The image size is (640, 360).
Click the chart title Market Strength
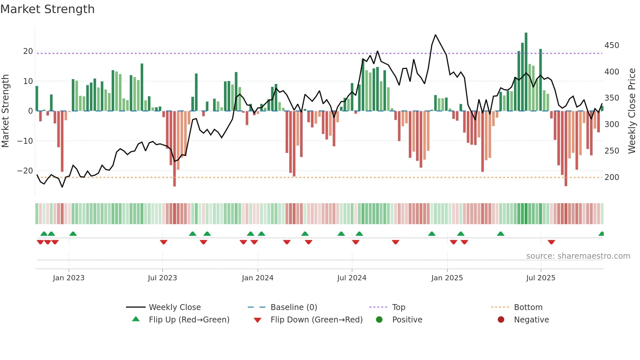47,9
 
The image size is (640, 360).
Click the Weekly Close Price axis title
632,111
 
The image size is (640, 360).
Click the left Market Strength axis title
5,111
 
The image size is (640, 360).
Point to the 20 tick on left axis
28,51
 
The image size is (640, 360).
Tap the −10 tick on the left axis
25,141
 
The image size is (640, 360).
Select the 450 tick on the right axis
612,45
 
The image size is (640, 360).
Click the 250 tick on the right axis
612,151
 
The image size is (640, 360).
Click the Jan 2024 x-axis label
258,278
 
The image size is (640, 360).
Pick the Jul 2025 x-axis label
541,278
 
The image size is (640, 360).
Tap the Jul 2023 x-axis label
162,278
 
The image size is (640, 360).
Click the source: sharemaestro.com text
578,256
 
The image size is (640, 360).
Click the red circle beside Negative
501,319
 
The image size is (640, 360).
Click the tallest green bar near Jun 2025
526,72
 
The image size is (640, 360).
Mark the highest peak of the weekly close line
436,35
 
